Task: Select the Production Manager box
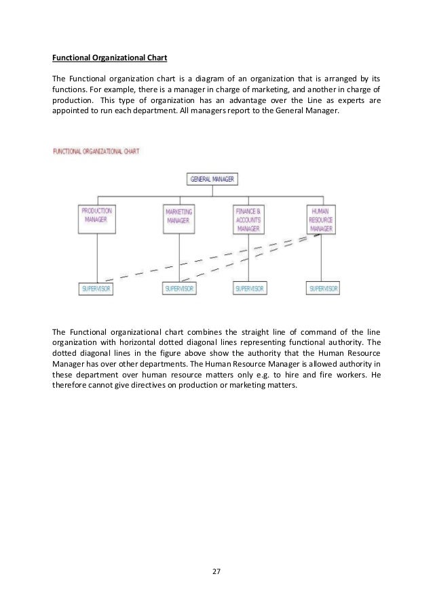pyautogui.click(x=97, y=218)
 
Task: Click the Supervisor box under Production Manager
pyautogui.click(x=97, y=289)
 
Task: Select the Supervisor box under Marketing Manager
pyautogui.click(x=180, y=289)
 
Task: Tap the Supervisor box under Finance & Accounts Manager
pyautogui.click(x=250, y=289)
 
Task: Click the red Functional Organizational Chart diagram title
pyautogui.click(x=96, y=151)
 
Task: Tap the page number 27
pyautogui.click(x=216, y=572)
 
